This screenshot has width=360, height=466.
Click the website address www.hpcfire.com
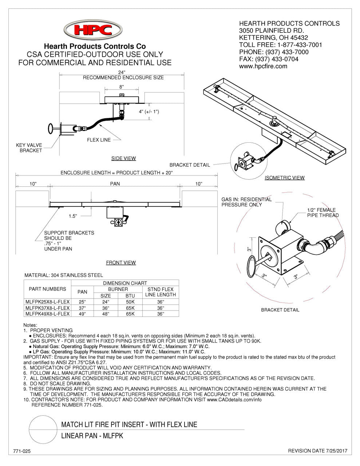(263, 66)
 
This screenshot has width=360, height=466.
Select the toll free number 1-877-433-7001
(300, 45)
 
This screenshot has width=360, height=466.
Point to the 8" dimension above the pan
(122, 87)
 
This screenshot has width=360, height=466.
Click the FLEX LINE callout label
(99, 140)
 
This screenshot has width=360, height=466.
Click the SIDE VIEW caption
(123, 158)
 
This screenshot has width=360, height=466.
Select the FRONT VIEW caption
(121, 262)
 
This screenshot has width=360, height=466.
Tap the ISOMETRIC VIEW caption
(284, 178)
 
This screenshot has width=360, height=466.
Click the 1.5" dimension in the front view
(73, 216)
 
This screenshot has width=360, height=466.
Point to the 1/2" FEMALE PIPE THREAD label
(321, 213)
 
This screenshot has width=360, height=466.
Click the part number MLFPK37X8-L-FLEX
(47, 308)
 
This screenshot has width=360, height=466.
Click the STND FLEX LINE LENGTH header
(161, 292)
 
